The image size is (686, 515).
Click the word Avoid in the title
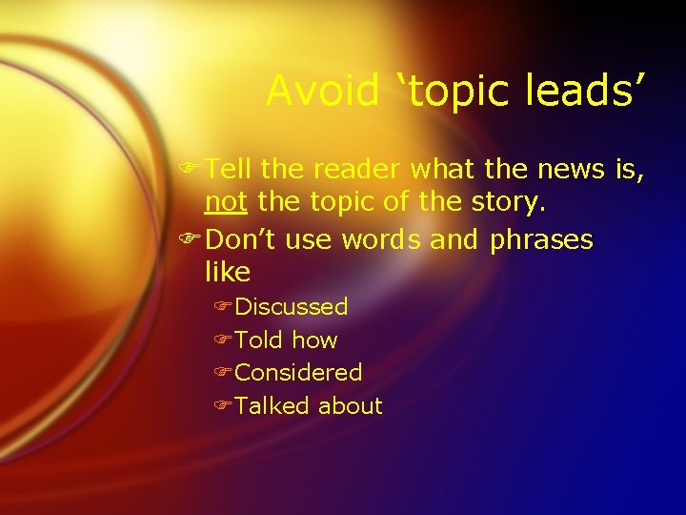coord(321,91)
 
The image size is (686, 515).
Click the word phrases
coord(540,239)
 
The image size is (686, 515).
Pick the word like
coord(227,273)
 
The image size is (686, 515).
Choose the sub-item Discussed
coord(292,307)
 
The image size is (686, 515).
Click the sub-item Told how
coord(286,340)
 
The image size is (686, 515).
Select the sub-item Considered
coord(298,372)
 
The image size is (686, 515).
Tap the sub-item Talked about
coord(308,405)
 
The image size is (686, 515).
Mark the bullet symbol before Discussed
coord(224,307)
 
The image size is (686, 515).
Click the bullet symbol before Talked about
coord(224,405)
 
